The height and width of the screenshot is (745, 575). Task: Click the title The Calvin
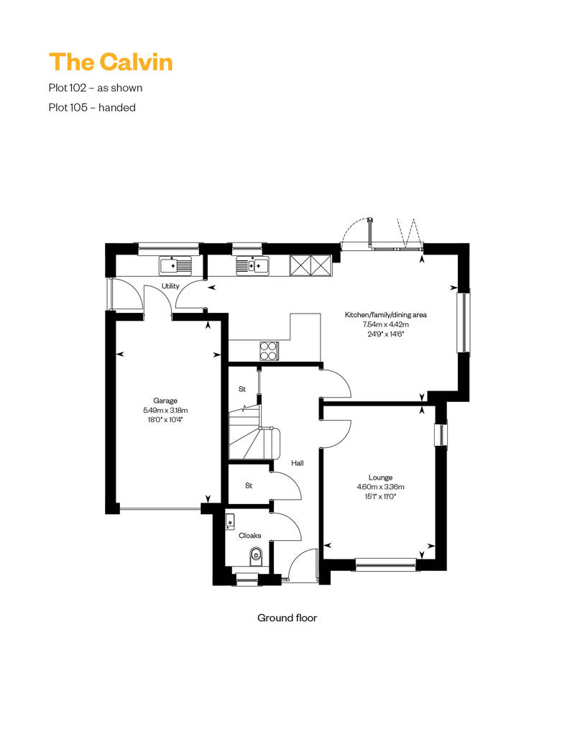[111, 63]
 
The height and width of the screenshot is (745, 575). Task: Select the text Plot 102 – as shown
[96, 88]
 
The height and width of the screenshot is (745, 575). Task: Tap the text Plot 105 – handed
[92, 107]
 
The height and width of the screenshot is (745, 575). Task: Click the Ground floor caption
[287, 618]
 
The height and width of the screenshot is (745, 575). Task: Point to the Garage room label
[165, 401]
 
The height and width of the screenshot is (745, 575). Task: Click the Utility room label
[170, 286]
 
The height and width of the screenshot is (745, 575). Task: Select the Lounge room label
[380, 477]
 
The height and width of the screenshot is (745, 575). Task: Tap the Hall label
[298, 463]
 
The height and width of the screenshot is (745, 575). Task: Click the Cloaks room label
[249, 536]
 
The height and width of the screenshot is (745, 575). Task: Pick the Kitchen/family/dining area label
[385, 314]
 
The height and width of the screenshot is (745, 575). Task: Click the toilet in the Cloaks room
[256, 557]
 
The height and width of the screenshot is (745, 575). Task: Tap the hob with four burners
[269, 351]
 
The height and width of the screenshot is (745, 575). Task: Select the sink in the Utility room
[175, 265]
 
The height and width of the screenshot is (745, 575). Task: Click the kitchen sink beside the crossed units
[252, 265]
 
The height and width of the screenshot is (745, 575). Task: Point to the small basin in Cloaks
[230, 521]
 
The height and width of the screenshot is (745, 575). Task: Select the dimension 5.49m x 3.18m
[165, 410]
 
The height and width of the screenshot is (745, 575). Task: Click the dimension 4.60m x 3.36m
[380, 487]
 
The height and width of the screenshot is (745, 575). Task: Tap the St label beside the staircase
[242, 389]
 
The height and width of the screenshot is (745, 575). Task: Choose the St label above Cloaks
[248, 485]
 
